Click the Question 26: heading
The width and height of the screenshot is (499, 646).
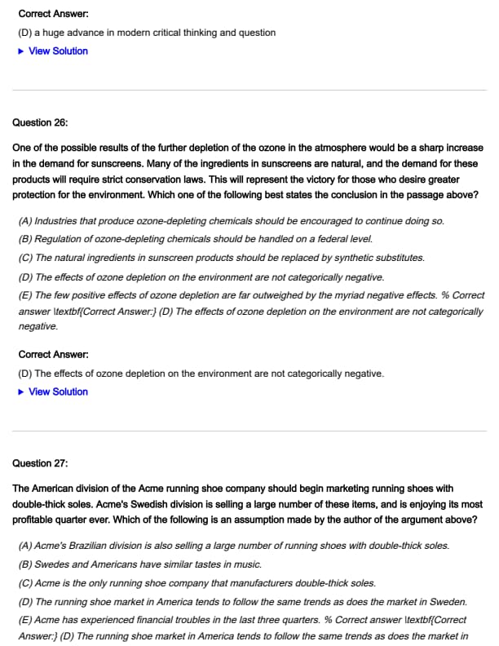41,122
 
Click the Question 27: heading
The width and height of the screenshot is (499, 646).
41,463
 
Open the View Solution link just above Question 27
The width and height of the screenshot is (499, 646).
58,392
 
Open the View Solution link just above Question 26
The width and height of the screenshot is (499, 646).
58,51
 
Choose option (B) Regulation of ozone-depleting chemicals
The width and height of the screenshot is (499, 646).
195,239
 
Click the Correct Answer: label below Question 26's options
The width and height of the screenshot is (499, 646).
48,355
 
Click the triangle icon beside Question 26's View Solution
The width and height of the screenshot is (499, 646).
21,392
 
